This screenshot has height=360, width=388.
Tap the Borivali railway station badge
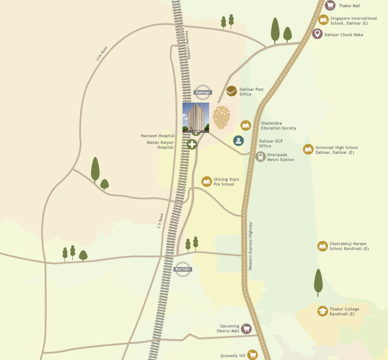coord(183,269)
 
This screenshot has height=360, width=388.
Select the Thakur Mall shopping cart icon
coord(330,6)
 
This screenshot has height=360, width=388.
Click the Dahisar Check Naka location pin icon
coord(317,34)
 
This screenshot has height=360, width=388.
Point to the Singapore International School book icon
coord(323,20)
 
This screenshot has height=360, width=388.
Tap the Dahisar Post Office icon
coord(232,91)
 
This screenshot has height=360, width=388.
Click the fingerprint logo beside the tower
coord(222,117)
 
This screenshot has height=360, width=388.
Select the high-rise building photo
coord(196,117)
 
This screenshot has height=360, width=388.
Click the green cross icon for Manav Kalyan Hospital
coord(192,144)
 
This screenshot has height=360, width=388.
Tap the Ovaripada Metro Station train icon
coord(261,156)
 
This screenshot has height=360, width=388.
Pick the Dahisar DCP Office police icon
coord(238,140)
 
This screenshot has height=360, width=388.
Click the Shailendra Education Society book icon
coord(246,125)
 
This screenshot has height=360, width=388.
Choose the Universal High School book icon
coord(308,149)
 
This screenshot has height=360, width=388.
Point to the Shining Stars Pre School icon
coord(207,182)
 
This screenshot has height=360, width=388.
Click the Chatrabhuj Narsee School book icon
coord(322,246)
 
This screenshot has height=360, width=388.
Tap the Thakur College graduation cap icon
coord(322,311)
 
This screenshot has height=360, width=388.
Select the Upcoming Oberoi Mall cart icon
coord(246,328)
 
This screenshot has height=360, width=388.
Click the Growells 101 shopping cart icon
coord(252,354)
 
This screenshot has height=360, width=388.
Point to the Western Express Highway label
coord(251,246)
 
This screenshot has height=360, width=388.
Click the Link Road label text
coord(102,53)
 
